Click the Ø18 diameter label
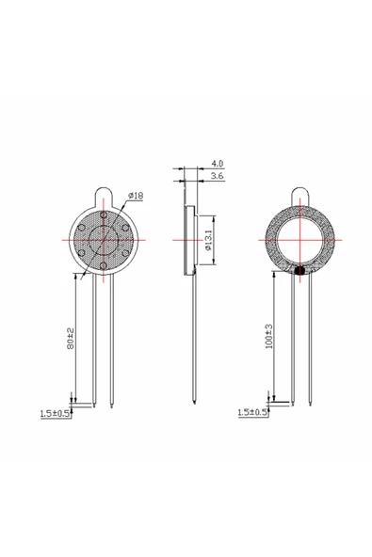tap(135, 196)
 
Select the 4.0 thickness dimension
tap(216, 163)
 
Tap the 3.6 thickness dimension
tap(216, 176)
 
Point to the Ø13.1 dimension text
tap(208, 239)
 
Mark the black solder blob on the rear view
tap(299, 272)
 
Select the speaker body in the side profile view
tap(188, 241)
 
